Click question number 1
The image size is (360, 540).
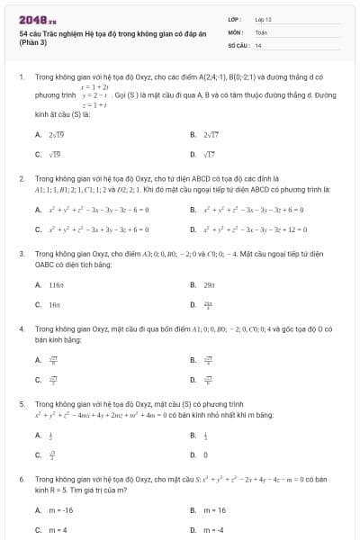tap(21, 77)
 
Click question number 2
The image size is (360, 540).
tap(21, 179)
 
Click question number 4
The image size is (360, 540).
tap(21, 329)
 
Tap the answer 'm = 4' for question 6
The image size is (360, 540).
tap(56, 530)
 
